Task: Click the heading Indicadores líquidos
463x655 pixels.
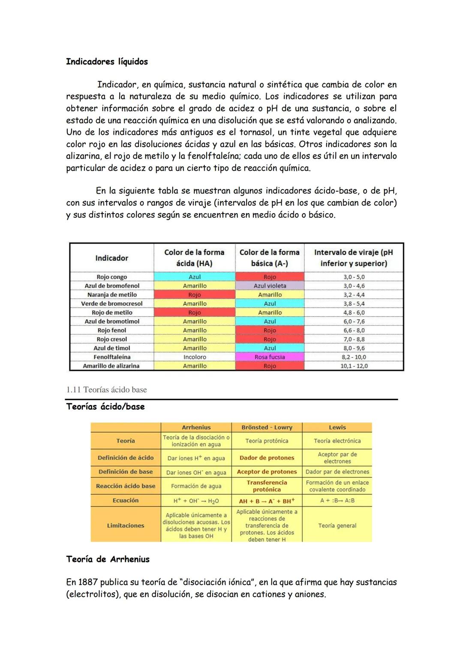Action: coord(107,62)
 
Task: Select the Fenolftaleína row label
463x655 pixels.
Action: coord(112,357)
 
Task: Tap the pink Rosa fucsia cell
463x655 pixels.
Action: coord(270,357)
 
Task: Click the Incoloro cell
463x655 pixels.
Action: coord(195,357)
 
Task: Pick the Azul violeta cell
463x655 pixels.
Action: coord(270,286)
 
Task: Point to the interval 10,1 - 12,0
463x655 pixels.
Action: coord(354,366)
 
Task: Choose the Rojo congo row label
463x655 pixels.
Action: coord(112,277)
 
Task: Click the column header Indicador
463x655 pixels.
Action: coord(111,258)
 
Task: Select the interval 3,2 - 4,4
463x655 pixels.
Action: coord(354,295)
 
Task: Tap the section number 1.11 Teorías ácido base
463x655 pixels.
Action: coord(106,390)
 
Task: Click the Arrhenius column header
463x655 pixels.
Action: coord(196,427)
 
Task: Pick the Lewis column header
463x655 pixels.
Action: coord(337,427)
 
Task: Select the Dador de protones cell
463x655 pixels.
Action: coord(267,458)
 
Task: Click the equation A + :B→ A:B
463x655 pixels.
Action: coord(337,501)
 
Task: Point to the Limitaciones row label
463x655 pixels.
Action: coord(126,525)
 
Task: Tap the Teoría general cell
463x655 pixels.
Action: coord(337,525)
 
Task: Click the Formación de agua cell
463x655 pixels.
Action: coord(196,486)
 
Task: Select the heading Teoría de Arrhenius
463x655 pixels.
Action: coord(108,559)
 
